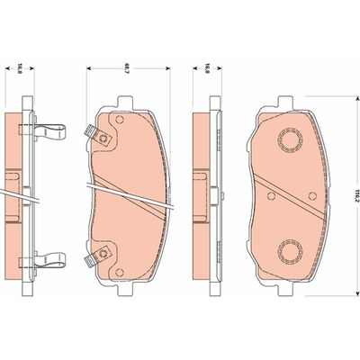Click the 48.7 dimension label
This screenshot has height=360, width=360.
(x=127, y=68)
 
